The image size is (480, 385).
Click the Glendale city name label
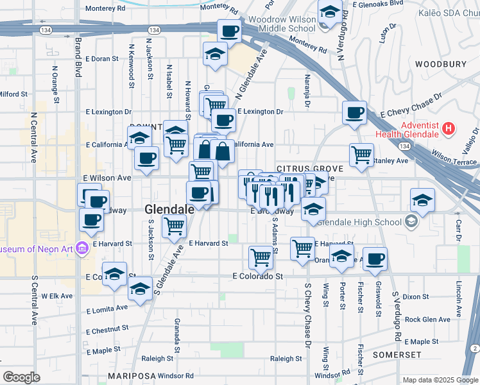point(169,209)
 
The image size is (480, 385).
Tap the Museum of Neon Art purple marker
point(81,248)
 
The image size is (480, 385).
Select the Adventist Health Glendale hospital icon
point(449,128)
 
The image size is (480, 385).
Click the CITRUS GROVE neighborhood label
point(310,169)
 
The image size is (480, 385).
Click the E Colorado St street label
point(257,276)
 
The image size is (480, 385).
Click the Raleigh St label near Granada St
point(157,359)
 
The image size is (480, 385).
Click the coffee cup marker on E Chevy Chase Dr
point(354,114)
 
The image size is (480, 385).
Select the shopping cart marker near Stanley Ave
point(361,154)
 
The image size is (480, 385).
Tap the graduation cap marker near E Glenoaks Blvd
point(330,12)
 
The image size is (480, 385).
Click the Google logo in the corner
point(21,377)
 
